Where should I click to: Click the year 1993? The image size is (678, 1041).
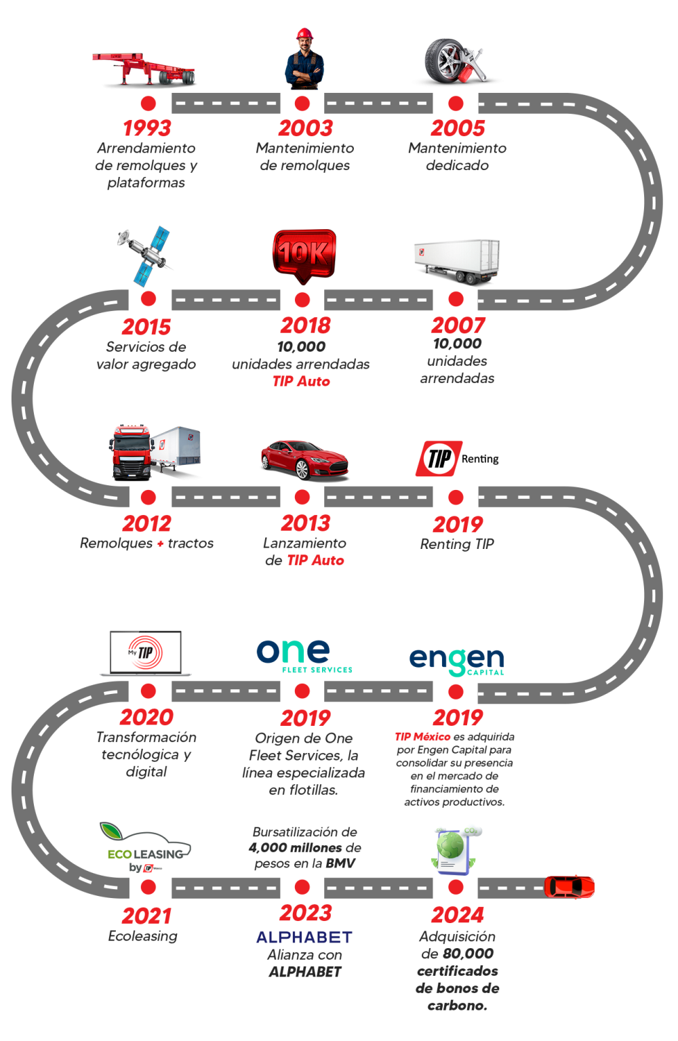click(x=146, y=128)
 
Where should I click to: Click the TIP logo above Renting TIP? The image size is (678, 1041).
click(x=439, y=458)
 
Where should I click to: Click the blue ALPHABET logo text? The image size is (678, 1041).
click(x=304, y=937)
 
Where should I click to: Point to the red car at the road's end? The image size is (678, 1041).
click(x=570, y=886)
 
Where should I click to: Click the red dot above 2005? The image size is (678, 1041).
click(x=456, y=103)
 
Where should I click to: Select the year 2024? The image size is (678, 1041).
click(x=457, y=914)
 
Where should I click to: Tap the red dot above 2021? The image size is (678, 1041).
click(x=148, y=886)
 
